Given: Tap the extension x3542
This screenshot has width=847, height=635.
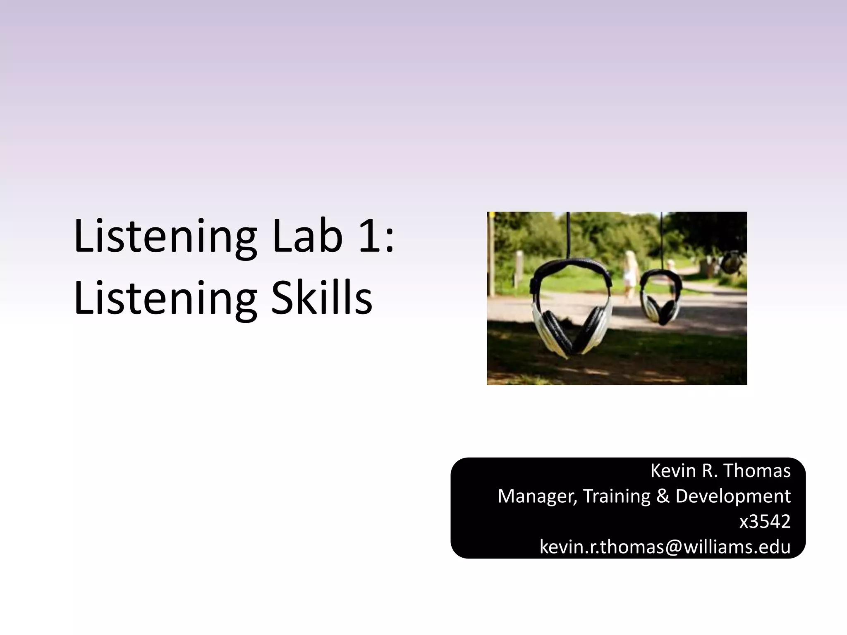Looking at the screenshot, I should (765, 522).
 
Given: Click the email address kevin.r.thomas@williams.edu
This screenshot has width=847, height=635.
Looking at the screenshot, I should (665, 547).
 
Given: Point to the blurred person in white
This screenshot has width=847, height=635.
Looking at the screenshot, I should (630, 273).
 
